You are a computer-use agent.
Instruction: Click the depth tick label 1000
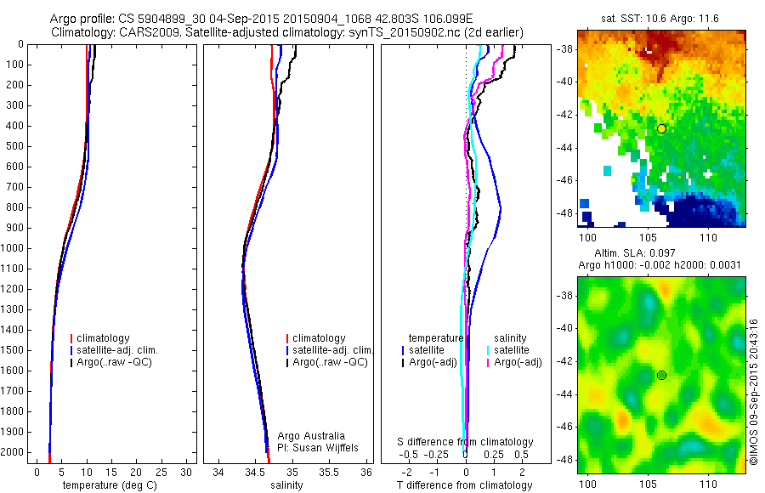pos(12,248)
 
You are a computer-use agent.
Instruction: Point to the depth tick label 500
pos(14,146)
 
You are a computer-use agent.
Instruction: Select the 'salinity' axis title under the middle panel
pos(286,485)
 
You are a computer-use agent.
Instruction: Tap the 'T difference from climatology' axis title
pos(464,485)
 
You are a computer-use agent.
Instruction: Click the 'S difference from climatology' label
pos(466,442)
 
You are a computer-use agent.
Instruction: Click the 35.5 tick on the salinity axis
pos(329,472)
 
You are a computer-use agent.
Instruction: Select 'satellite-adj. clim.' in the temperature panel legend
pos(123,350)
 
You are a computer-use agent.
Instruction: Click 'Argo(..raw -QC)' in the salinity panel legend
pos(330,362)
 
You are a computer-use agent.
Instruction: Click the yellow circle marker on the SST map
pos(661,128)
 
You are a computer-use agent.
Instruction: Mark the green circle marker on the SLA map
pos(661,375)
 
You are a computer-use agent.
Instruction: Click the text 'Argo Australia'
pos(311,436)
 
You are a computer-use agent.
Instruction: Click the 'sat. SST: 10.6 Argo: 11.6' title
pos(661,19)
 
